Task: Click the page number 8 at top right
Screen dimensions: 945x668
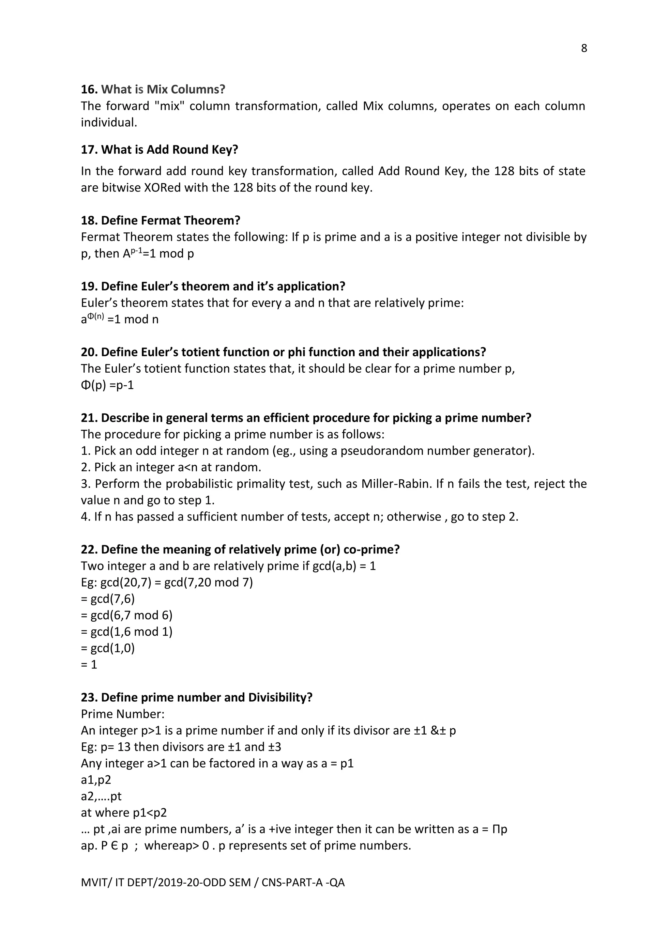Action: pyautogui.click(x=584, y=49)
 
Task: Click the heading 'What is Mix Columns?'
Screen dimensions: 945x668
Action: pyautogui.click(x=163, y=89)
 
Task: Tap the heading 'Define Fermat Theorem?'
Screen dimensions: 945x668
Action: pyautogui.click(x=170, y=221)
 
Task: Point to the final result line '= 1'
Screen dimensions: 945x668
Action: pyautogui.click(x=89, y=664)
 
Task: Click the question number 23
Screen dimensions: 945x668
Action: pyautogui.click(x=89, y=697)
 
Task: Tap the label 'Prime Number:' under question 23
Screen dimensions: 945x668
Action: pyautogui.click(x=123, y=714)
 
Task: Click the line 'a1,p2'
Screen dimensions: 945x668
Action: pyautogui.click(x=96, y=780)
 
